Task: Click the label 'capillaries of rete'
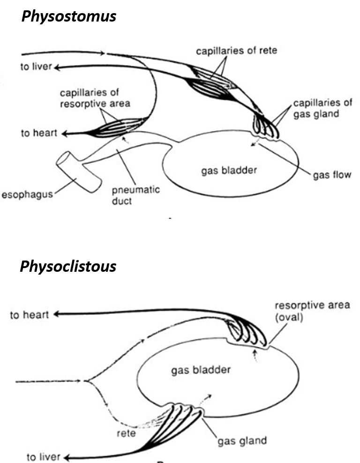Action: [236, 51]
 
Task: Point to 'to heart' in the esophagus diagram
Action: [38, 133]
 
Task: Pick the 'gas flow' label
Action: [332, 175]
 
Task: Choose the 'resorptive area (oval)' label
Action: [312, 310]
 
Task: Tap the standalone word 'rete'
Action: [126, 433]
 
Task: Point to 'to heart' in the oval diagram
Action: [29, 315]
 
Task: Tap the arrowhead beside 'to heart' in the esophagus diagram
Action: [64, 134]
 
